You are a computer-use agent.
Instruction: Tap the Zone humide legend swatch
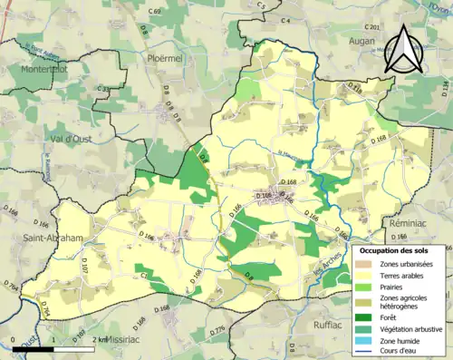367,341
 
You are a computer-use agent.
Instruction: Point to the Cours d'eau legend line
367,352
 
